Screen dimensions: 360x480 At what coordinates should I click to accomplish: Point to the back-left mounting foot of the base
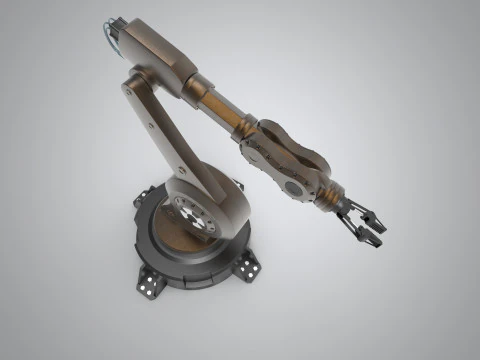[x=139, y=200]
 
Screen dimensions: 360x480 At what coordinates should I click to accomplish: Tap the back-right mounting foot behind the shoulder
[x=232, y=186]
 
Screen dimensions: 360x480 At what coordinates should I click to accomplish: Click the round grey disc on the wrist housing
[x=295, y=186]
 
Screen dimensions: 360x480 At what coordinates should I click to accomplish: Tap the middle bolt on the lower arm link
[x=150, y=123]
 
